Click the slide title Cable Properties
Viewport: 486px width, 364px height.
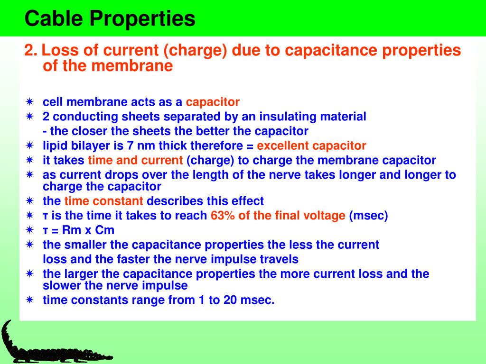(110, 19)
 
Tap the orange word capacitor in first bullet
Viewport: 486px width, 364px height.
(213, 102)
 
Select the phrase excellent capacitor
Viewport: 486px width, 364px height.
(311, 146)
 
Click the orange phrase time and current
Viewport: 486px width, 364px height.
(135, 161)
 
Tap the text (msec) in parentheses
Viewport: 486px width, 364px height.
(369, 216)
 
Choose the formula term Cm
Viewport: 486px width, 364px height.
(105, 230)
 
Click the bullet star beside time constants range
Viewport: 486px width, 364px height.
(29, 300)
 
